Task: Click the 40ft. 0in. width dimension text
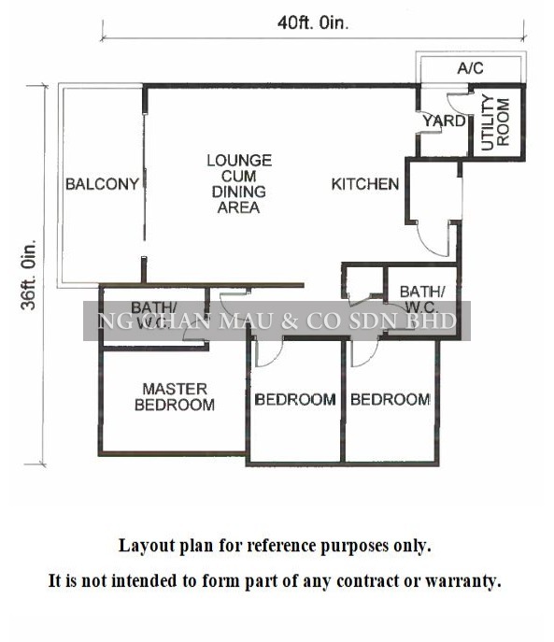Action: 313,23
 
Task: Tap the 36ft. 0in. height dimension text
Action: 29,275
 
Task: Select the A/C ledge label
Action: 471,68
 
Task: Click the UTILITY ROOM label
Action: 495,122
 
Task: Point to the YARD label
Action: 445,121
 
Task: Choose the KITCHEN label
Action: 365,184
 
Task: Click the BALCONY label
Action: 103,184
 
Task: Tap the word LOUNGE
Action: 239,160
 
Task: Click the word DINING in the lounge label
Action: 239,192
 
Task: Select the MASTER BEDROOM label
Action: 175,397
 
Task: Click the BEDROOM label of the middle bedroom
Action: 295,400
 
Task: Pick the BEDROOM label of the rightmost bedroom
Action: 391,400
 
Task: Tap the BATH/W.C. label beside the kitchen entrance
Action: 421,299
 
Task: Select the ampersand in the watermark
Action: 289,321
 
